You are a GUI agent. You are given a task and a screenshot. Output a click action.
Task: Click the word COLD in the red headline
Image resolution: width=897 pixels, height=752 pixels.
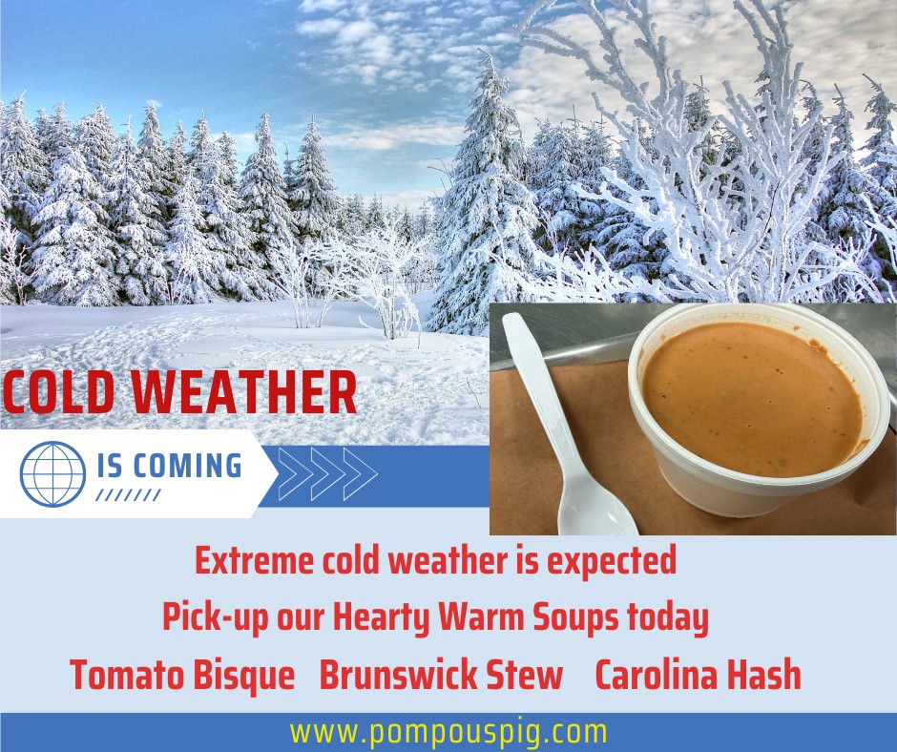tap(58, 392)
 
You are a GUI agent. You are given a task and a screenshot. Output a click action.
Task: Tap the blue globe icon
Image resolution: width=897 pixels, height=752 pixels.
tap(52, 474)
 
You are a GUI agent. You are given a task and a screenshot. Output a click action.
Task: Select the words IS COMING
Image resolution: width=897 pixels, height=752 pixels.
tap(169, 466)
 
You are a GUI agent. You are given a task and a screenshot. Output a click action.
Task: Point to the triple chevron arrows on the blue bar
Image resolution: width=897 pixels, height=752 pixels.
tap(327, 474)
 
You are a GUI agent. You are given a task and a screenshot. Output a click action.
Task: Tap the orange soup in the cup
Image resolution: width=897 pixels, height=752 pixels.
tap(752, 397)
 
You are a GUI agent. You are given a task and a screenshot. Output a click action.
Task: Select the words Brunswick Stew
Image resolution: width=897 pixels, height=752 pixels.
tap(441, 674)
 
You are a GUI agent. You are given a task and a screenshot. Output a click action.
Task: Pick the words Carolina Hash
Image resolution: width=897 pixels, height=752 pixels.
tap(698, 674)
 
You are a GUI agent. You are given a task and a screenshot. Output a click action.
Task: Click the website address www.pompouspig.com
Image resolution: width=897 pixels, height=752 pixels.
tap(448, 733)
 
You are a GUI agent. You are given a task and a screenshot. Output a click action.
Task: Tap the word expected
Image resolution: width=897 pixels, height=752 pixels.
tap(612, 561)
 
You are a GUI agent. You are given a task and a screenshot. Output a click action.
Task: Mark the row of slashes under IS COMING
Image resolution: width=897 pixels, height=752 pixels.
tap(128, 495)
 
